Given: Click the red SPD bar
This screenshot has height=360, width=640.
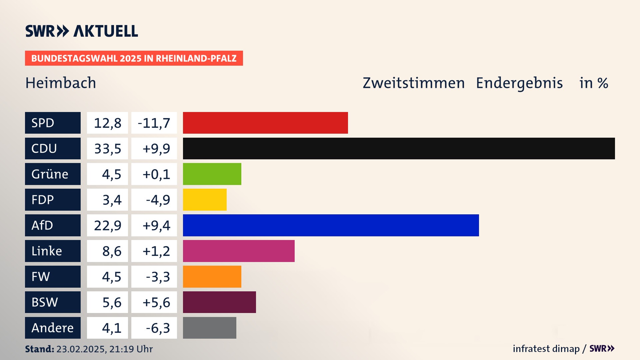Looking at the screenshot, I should [x=265, y=123].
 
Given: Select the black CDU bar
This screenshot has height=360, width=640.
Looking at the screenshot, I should [x=399, y=148].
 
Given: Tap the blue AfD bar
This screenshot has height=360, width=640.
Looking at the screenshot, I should [x=331, y=225].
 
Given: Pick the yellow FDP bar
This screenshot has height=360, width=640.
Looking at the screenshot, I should [x=205, y=200].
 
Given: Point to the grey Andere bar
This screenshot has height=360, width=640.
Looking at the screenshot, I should [x=209, y=328].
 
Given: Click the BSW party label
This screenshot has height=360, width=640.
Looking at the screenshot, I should [x=53, y=302].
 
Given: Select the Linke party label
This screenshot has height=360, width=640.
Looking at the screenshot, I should [x=53, y=251].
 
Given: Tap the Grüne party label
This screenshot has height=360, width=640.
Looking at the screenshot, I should [x=53, y=174].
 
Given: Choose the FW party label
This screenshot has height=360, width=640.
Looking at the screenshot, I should [x=53, y=277].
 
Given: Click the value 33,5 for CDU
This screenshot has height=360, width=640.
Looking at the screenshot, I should [x=107, y=148].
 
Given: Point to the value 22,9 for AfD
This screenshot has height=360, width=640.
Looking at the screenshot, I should [x=107, y=225].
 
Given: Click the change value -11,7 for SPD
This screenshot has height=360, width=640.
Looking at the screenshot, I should [x=154, y=123].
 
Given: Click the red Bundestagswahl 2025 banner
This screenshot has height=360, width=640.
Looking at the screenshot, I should [x=134, y=58].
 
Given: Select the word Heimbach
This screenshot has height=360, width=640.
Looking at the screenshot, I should [x=61, y=83].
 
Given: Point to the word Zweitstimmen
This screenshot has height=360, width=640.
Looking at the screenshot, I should [x=413, y=83].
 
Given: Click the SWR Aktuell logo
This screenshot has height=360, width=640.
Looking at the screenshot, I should [x=81, y=31].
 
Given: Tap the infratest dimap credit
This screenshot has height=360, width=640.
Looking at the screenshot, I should [x=546, y=349].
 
